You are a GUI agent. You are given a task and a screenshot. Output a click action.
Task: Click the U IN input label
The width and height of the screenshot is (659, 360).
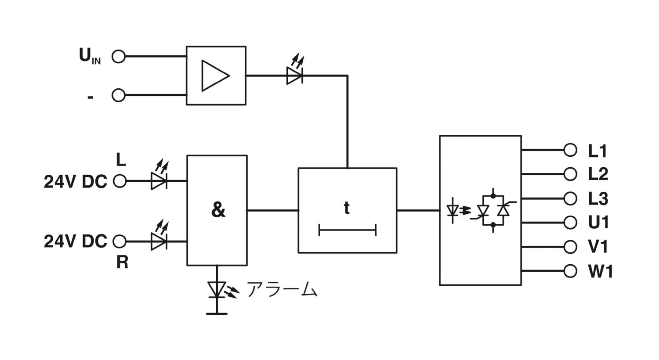pos(90,56)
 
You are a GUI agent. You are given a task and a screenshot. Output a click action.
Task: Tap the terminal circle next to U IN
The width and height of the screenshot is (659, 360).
pos(119,57)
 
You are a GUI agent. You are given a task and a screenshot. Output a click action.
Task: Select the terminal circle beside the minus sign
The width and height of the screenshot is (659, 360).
pos(119,96)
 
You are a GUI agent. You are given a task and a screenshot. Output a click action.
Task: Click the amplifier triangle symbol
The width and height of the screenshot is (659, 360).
pos(215,76)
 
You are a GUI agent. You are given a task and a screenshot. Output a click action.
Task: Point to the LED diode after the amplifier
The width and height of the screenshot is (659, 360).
pos(295,71)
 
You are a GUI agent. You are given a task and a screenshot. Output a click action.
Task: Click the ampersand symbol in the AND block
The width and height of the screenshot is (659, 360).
pos(218,210)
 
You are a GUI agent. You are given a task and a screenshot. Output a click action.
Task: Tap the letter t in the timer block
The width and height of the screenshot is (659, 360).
pos(347,208)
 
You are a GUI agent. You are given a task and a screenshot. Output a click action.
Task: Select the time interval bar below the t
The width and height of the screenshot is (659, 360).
pos(348,230)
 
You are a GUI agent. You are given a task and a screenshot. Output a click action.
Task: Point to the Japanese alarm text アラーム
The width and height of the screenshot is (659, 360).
pos(282,289)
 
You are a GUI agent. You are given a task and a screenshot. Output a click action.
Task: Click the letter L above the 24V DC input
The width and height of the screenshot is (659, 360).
pos(121,160)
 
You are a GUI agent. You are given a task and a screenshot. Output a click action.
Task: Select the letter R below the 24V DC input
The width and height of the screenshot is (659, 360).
pos(123,262)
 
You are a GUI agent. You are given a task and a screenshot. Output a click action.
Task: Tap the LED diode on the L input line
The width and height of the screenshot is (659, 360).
pos(159,176)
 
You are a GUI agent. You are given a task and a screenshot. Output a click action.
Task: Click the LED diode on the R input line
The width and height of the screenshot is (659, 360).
pos(159,236)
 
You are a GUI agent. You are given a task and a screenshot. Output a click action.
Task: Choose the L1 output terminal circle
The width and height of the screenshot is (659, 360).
pos(570,150)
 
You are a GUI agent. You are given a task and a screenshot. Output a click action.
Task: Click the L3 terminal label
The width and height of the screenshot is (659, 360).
pos(598,198)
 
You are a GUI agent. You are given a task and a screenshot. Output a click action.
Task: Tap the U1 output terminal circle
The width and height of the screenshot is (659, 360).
pos(570,223)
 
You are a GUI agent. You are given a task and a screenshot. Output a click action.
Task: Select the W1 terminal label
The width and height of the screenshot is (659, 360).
pos(601,271)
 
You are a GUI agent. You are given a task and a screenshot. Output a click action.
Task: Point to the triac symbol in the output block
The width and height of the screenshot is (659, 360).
pos(493,210)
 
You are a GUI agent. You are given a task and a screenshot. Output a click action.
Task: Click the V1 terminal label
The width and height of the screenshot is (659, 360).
pos(598,247)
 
